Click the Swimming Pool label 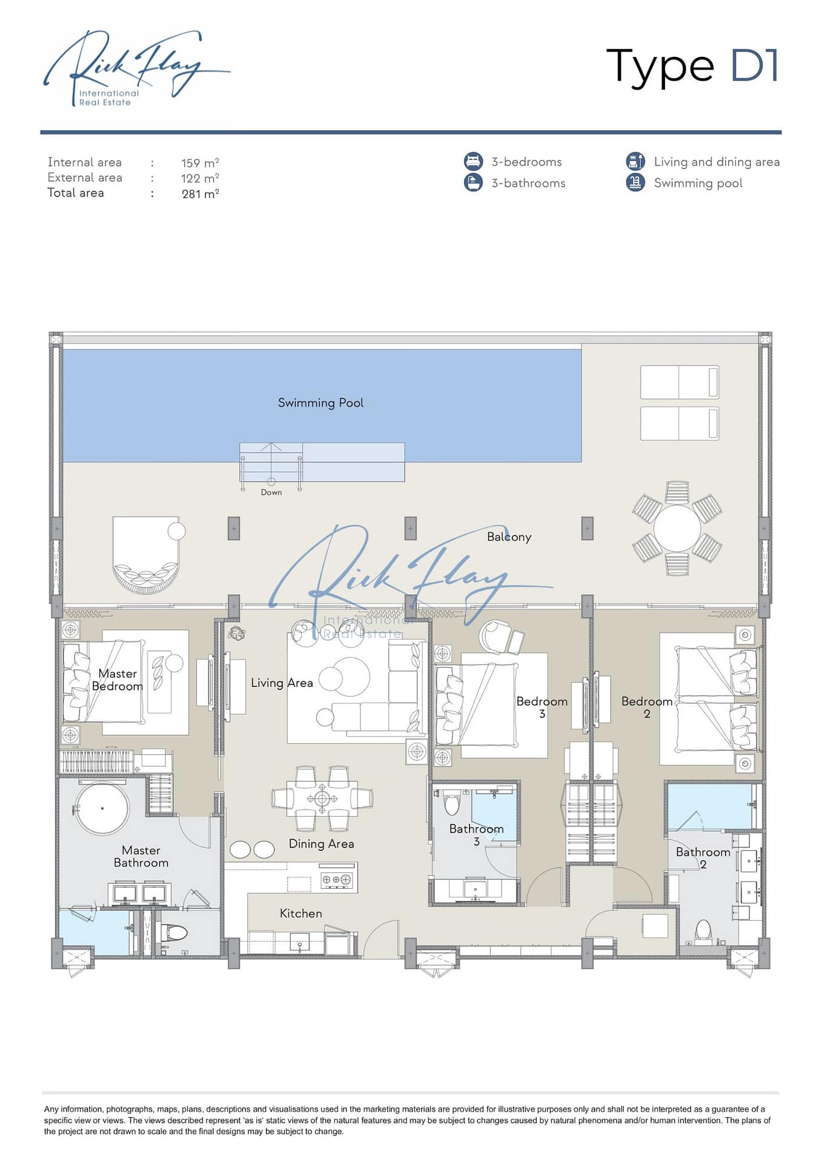(x=320, y=403)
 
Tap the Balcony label (x=509, y=537)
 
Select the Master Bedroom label (x=118, y=680)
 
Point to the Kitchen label (x=300, y=914)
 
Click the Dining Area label (x=321, y=844)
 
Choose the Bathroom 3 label (x=476, y=835)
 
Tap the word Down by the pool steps (x=271, y=492)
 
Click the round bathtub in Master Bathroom (x=102, y=808)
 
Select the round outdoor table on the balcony (x=677, y=528)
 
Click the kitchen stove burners (x=336, y=879)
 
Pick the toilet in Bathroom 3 (x=452, y=803)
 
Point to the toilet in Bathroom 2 (x=703, y=932)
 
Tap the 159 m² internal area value (x=200, y=163)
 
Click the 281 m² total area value (x=200, y=194)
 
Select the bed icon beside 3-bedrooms (x=474, y=161)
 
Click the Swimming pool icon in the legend (x=635, y=182)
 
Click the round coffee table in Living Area (x=344, y=676)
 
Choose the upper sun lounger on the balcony (x=680, y=382)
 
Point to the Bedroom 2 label (x=647, y=707)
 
